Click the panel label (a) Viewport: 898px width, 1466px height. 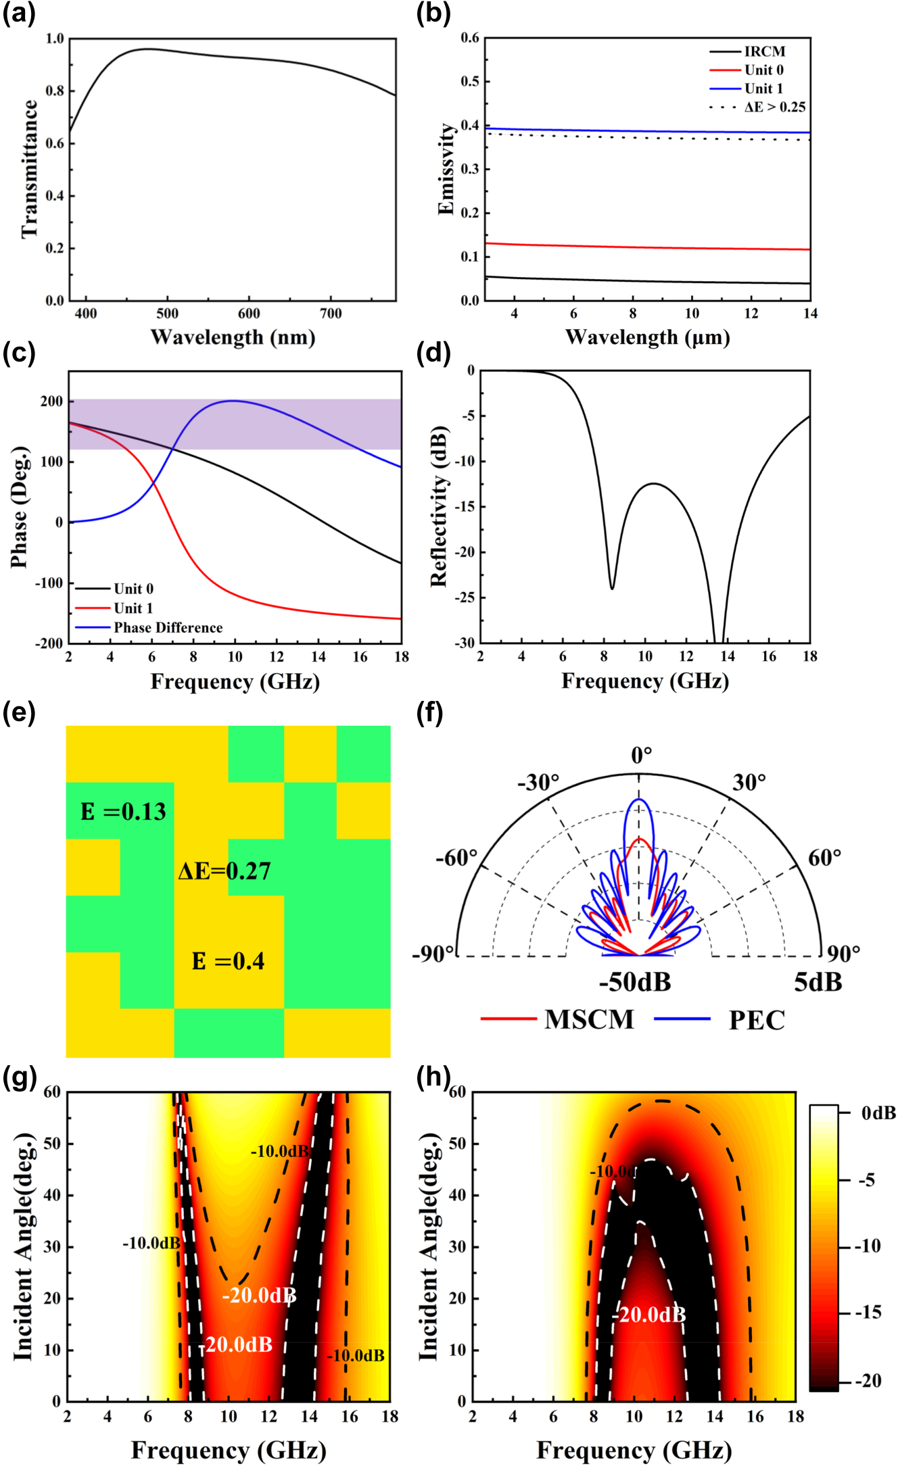pyautogui.click(x=19, y=14)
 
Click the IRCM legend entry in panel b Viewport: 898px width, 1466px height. pyautogui.click(x=764, y=51)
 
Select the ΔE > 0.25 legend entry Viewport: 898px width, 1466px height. pyautogui.click(x=774, y=107)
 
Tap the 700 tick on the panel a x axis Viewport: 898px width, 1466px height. pyautogui.click(x=331, y=314)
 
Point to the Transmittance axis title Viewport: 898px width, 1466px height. pyautogui.click(x=29, y=169)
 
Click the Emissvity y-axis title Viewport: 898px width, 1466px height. pyautogui.click(x=446, y=169)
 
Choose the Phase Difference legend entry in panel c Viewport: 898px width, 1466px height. pyautogui.click(x=168, y=627)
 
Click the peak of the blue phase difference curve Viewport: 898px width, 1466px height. pyautogui.click(x=233, y=401)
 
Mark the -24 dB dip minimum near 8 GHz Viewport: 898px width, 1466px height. pyautogui.click(x=612, y=588)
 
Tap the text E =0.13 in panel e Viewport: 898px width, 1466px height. pyautogui.click(x=123, y=812)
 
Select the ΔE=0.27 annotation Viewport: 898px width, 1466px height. pyautogui.click(x=224, y=871)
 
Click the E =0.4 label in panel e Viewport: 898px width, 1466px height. pyautogui.click(x=228, y=961)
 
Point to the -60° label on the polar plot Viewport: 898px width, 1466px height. pyautogui.click(x=456, y=858)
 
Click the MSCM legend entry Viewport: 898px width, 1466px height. pyautogui.click(x=589, y=1020)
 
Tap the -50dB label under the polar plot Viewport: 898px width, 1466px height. pyautogui.click(x=634, y=982)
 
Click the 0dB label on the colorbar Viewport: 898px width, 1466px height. pyautogui.click(x=878, y=1113)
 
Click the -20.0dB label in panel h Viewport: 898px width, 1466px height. pyautogui.click(x=649, y=1315)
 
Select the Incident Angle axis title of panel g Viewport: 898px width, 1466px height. pyautogui.click(x=23, y=1247)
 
